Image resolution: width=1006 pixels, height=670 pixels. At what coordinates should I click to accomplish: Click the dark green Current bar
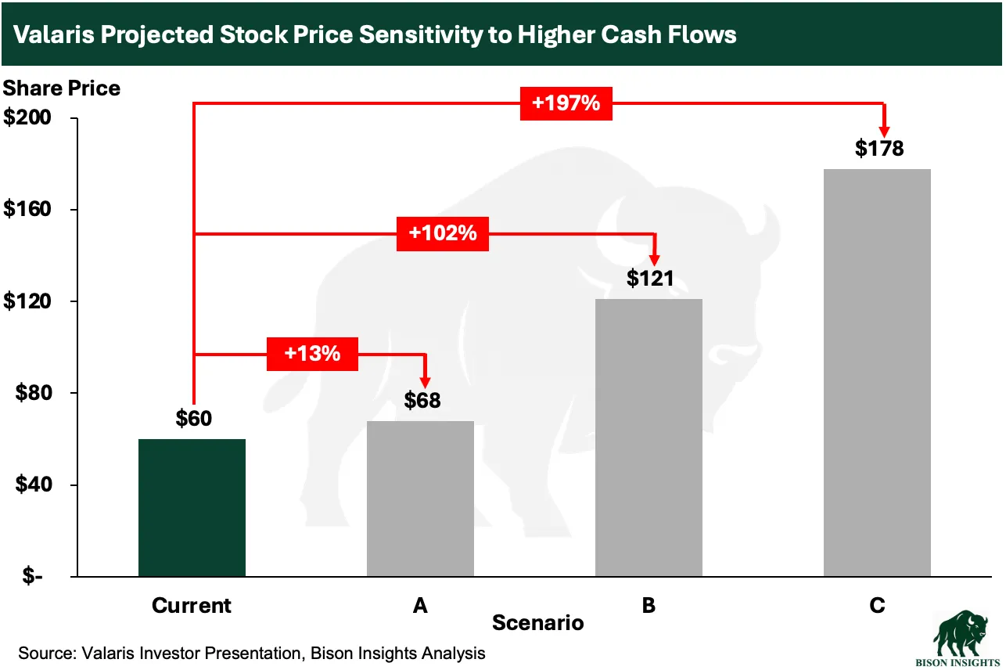point(192,507)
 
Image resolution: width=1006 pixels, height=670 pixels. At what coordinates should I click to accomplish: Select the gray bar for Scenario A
point(421,499)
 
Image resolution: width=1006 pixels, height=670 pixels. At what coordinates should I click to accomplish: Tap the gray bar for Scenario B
point(649,438)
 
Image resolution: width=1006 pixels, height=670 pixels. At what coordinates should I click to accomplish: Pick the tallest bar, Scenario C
point(877,373)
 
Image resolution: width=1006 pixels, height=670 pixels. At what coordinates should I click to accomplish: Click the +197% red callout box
point(566,103)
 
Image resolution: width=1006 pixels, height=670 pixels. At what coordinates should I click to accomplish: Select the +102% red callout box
point(443,233)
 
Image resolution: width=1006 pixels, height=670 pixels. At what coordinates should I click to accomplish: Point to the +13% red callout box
point(312,354)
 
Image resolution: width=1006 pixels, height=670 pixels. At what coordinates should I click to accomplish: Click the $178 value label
point(878,148)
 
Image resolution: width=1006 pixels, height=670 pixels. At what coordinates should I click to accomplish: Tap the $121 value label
point(650,278)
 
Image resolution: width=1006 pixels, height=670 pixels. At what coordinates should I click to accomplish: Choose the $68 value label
point(422,400)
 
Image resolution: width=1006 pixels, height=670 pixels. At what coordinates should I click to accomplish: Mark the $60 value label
point(193,419)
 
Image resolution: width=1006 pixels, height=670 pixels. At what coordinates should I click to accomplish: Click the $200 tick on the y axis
point(28,119)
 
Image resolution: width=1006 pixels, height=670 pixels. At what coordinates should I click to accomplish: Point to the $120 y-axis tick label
point(28,302)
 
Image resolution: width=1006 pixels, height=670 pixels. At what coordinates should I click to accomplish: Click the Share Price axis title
point(62,88)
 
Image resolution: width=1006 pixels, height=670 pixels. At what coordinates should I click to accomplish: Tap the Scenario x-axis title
point(537,623)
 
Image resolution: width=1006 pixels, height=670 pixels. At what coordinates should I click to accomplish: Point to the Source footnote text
point(252,653)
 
